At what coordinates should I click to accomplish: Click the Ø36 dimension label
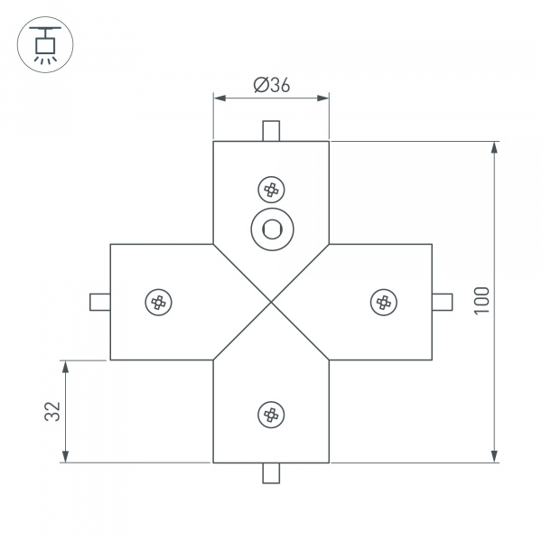pos(271,85)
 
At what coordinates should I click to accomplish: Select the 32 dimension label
pos(51,411)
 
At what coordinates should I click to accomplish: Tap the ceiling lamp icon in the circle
pos(42,42)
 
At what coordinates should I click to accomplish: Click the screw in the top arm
pos(271,190)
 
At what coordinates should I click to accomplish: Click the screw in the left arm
pos(159,302)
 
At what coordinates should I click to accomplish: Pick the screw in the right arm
pos(384,302)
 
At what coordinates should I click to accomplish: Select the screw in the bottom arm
pos(271,415)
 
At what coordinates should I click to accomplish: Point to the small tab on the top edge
pos(271,131)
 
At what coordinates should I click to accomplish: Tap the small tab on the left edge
pos(100,302)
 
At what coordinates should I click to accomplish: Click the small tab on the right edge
pos(443,302)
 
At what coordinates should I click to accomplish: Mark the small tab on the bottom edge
pos(271,472)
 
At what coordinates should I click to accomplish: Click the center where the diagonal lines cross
pos(271,302)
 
